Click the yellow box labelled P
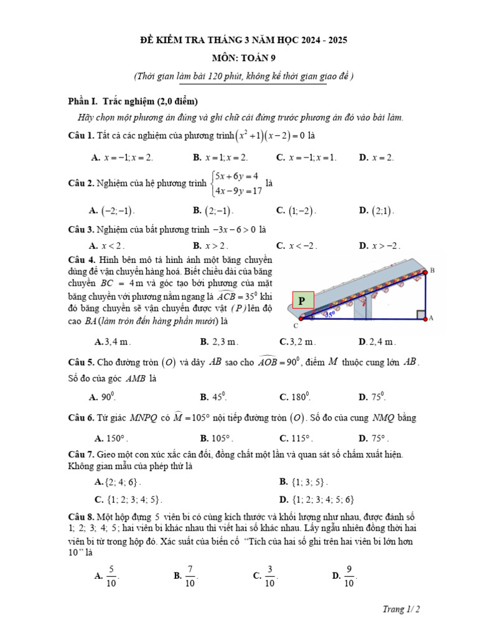302,301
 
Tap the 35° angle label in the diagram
329,315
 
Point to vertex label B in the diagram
432,270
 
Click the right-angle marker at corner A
421,313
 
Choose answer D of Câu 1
377,158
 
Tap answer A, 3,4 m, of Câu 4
112,341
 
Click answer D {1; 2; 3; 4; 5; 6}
317,499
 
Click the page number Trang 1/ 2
401,609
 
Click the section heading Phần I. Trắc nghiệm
132,102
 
